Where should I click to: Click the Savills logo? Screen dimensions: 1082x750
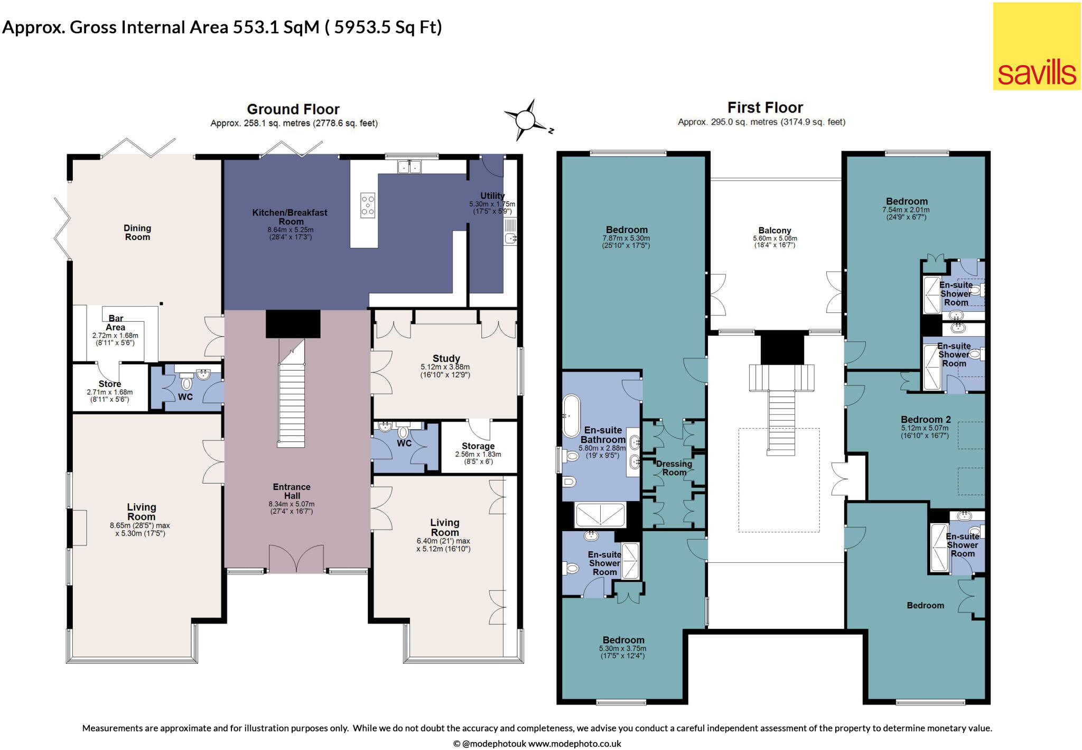1037,46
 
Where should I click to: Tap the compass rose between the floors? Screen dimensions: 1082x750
527,120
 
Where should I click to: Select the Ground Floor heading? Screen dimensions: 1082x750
293,109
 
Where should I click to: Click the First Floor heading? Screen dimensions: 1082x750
765,108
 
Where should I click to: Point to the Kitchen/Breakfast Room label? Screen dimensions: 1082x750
290,217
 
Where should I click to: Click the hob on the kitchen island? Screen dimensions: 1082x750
368,205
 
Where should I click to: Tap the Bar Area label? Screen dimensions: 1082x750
116,322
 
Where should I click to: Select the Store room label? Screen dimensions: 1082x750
110,384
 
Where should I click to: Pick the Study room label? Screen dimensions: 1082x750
446,358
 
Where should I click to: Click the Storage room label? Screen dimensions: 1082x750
478,446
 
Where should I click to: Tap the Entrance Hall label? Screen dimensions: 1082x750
292,491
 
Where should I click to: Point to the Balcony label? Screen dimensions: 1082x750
775,230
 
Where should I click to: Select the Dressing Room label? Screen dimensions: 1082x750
674,468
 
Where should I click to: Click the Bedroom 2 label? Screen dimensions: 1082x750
926,420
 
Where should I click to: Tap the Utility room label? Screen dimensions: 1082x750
492,196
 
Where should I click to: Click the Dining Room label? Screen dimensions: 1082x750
137,233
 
